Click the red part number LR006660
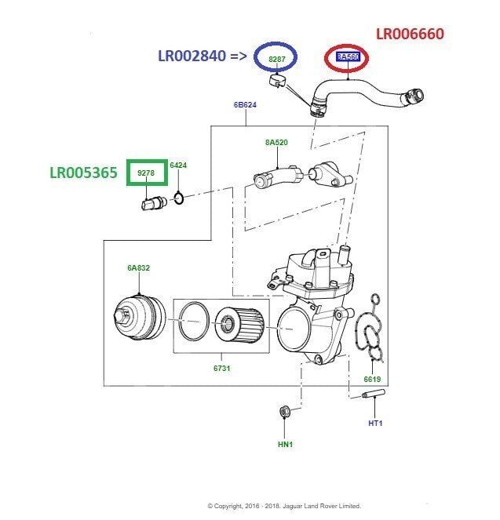click(x=409, y=34)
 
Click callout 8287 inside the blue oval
click(x=277, y=58)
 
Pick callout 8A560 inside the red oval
click(x=347, y=57)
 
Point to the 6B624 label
click(x=245, y=105)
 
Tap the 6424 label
click(x=178, y=165)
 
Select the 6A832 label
click(x=138, y=268)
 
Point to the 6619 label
click(x=372, y=380)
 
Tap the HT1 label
click(x=374, y=424)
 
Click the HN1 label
click(x=285, y=445)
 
